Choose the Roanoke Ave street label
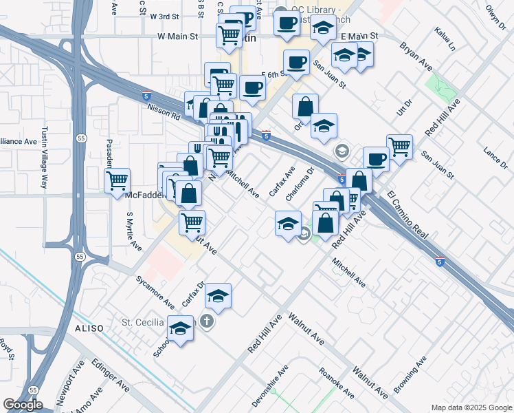pyautogui.click(x=337, y=383)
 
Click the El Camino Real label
pyautogui.click(x=408, y=215)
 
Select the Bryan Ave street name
pyautogui.click(x=417, y=56)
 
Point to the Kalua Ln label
pyautogui.click(x=445, y=39)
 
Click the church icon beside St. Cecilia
pyautogui.click(x=205, y=321)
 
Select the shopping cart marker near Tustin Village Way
pyautogui.click(x=118, y=181)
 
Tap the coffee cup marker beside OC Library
pyautogui.click(x=287, y=22)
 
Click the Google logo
pyautogui.click(x=22, y=405)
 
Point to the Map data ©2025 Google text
pyautogui.click(x=471, y=407)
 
